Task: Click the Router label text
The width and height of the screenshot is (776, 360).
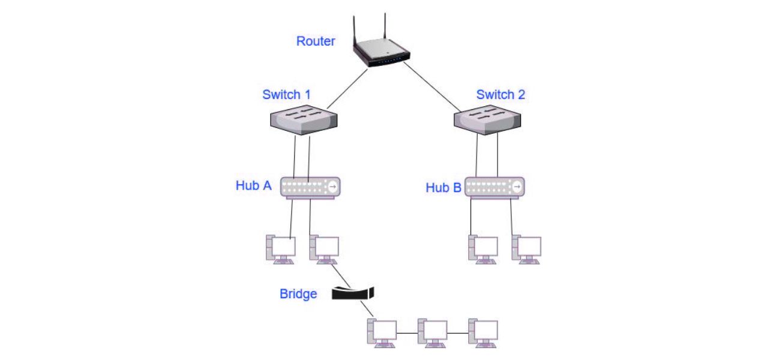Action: point(316,41)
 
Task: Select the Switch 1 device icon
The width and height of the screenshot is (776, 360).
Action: point(302,119)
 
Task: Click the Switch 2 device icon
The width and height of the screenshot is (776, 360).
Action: point(487,119)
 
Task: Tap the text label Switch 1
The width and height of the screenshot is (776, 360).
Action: point(286,95)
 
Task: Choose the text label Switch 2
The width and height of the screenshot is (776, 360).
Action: point(501,95)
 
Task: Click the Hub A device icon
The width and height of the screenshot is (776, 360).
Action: point(310,187)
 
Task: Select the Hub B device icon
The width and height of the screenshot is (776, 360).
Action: point(495,187)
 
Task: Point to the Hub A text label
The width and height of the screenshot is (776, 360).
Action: point(253,185)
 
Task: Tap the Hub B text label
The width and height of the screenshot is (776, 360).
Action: point(444,188)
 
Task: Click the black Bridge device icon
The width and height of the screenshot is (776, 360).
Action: point(353,293)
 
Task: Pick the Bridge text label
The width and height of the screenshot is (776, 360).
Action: point(298,294)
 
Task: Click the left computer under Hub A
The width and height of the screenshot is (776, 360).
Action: point(281,249)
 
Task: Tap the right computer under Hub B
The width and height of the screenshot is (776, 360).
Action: point(526,249)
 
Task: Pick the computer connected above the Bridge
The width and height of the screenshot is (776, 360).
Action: point(324,249)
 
